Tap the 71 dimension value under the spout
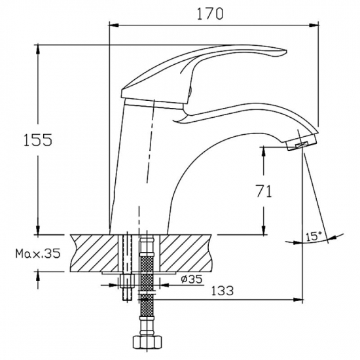point(264,191)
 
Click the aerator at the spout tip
point(302,144)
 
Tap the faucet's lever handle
point(209,65)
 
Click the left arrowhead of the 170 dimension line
point(112,24)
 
